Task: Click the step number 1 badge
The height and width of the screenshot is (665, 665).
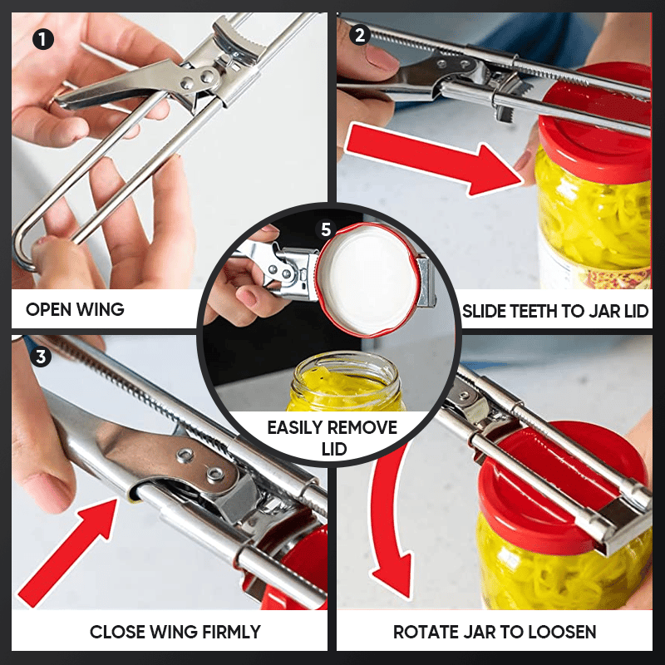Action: click(x=43, y=40)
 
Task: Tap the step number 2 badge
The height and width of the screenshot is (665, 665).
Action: click(x=360, y=35)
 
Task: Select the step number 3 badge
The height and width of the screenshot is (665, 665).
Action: click(x=41, y=357)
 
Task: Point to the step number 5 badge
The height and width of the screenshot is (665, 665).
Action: click(x=326, y=229)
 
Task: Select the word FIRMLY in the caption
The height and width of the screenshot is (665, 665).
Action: click(x=231, y=632)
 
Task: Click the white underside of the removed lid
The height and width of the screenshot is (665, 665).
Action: click(x=367, y=279)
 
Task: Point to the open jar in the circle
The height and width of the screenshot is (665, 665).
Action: click(x=345, y=382)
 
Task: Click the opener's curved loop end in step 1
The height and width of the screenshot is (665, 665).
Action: click(x=22, y=250)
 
